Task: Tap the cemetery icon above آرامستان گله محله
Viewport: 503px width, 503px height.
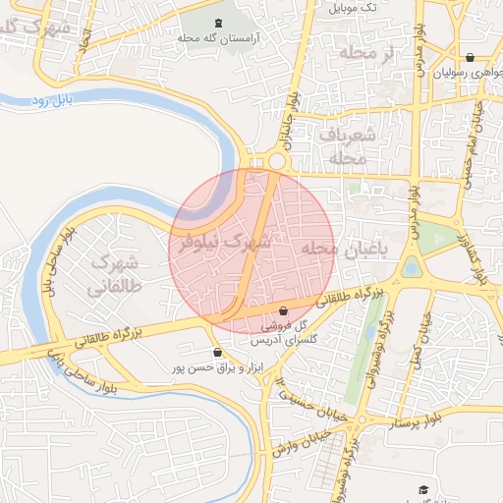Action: click(x=218, y=23)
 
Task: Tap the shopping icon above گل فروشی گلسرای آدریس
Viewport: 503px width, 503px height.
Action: click(x=284, y=310)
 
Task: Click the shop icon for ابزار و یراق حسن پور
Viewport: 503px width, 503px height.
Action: click(x=217, y=352)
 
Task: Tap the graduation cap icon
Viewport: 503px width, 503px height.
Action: click(x=423, y=489)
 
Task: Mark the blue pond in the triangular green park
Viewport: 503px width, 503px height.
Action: click(x=411, y=266)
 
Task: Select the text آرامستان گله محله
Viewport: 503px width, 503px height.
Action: click(x=218, y=37)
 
